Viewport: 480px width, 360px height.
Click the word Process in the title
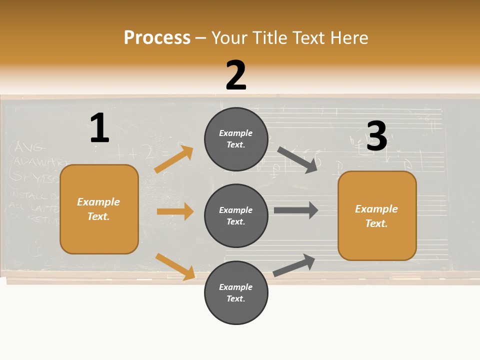pyautogui.click(x=157, y=38)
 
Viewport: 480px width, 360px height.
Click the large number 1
pyautogui.click(x=99, y=128)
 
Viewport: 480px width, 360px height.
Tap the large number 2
pyautogui.click(x=236, y=75)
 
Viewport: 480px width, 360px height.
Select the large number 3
pyautogui.click(x=376, y=136)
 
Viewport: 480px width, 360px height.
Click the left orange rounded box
pyautogui.click(x=99, y=209)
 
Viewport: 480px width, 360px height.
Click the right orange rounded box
pyautogui.click(x=377, y=215)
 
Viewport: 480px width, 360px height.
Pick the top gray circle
pyautogui.click(x=236, y=139)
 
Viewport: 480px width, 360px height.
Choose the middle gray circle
pyautogui.click(x=236, y=215)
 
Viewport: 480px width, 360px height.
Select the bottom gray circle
pyautogui.click(x=236, y=292)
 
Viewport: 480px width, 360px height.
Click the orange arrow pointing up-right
pyautogui.click(x=174, y=159)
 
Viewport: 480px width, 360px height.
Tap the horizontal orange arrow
pyautogui.click(x=175, y=211)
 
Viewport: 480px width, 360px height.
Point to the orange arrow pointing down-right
pyautogui.click(x=175, y=266)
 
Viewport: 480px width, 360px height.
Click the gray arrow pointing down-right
pyautogui.click(x=297, y=159)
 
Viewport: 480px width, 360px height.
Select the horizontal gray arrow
pyautogui.click(x=296, y=210)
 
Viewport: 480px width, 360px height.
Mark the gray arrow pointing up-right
pyautogui.click(x=294, y=265)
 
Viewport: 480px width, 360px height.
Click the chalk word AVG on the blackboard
pyautogui.click(x=30, y=147)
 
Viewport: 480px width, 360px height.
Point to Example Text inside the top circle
pyautogui.click(x=236, y=139)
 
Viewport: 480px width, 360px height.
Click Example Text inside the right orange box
pyautogui.click(x=376, y=216)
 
